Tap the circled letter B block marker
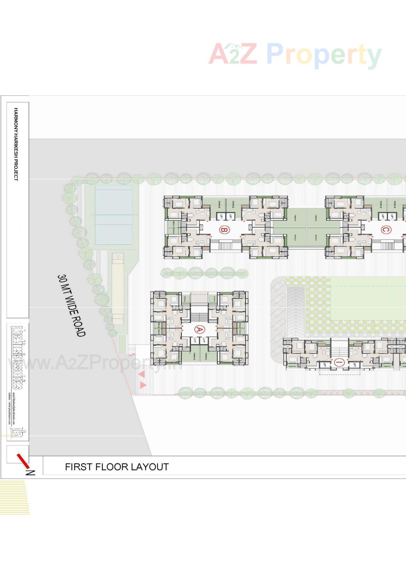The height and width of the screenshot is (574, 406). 224,230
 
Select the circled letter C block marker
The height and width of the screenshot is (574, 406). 385,230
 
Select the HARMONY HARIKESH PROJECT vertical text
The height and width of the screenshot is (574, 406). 16,144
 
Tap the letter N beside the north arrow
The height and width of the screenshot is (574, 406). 31,473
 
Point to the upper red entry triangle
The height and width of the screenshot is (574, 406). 142,374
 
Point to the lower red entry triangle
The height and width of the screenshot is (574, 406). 143,385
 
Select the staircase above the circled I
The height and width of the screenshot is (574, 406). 339,347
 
